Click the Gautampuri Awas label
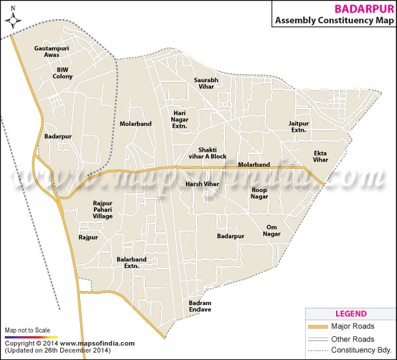click(52, 52)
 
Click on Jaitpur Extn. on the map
click(298, 126)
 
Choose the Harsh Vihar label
click(202, 183)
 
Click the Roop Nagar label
click(259, 193)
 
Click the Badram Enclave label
click(199, 305)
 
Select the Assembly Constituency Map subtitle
click(333, 21)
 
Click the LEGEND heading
click(351, 313)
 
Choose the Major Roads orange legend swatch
click(319, 326)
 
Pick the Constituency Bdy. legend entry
click(363, 349)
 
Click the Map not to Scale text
click(27, 330)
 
